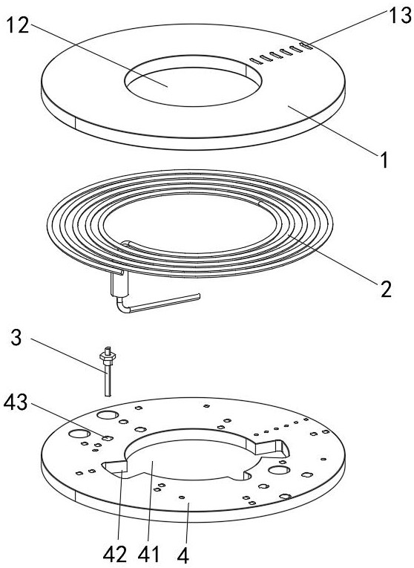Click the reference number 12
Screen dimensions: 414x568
pyautogui.click(x=18, y=25)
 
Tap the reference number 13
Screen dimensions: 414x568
pyautogui.click(x=400, y=15)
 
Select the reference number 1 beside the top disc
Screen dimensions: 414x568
pyautogui.click(x=384, y=160)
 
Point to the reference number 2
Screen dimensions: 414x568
pyautogui.click(x=386, y=289)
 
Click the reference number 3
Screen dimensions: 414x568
pyautogui.click(x=16, y=337)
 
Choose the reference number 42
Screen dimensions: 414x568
pyautogui.click(x=115, y=554)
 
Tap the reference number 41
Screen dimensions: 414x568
pyautogui.click(x=148, y=554)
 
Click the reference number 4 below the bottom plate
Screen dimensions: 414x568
pyautogui.click(x=183, y=554)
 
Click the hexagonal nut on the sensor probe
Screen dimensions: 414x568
pyautogui.click(x=107, y=356)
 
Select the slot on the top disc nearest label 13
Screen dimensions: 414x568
pyautogui.click(x=306, y=45)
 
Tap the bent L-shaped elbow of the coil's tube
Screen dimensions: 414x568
pyautogui.click(x=123, y=307)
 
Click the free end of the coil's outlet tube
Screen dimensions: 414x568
pyautogui.click(x=198, y=296)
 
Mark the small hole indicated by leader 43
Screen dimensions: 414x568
pyautogui.click(x=107, y=438)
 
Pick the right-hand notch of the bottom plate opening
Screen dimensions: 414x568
pyautogui.click(x=272, y=447)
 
